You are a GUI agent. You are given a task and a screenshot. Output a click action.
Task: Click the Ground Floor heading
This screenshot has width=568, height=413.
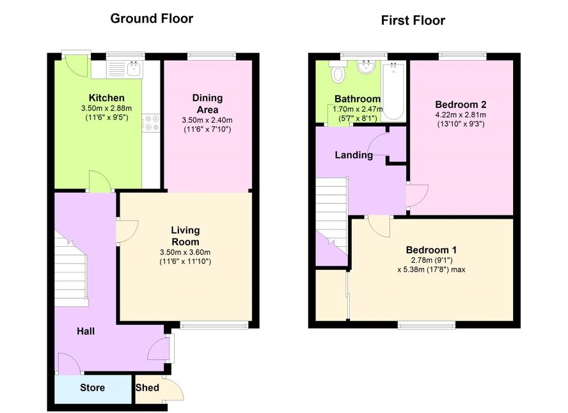152,19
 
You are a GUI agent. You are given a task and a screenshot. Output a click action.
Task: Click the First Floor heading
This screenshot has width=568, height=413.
413,20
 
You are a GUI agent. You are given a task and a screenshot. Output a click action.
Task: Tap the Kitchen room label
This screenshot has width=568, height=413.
106,98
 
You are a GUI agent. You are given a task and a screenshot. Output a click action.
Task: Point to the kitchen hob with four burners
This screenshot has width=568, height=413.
151,122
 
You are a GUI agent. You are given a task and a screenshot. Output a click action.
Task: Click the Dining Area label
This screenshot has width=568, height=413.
207,104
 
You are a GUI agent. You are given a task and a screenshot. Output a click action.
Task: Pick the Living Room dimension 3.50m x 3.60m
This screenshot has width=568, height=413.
185,253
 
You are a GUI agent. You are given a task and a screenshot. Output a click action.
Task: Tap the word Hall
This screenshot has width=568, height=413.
86,331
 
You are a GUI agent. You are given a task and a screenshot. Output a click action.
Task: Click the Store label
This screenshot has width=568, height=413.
92,387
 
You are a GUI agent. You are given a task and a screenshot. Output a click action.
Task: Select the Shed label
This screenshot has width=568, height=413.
147,387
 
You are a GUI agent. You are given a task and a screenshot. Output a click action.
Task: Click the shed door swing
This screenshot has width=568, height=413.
174,389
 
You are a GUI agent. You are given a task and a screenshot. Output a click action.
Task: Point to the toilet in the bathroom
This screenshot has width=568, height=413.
338,72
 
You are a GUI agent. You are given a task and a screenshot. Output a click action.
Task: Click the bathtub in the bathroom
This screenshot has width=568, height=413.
393,91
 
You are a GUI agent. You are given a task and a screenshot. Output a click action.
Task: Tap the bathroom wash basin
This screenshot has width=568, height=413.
367,67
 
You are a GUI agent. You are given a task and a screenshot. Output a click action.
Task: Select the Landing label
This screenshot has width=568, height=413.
354,155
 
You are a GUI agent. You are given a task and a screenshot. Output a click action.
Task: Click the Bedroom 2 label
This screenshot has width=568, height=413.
461,105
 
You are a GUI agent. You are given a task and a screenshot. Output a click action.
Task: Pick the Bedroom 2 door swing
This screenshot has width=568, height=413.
417,196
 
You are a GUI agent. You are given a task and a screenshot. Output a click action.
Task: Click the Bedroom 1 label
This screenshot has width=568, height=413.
431,250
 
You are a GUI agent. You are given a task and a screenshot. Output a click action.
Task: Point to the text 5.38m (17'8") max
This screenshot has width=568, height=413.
431,270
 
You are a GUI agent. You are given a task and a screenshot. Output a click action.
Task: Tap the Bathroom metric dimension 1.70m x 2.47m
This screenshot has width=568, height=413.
358,109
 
